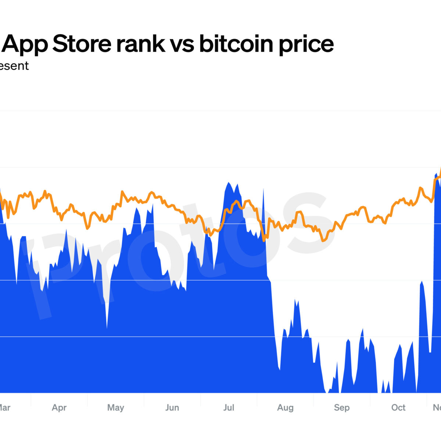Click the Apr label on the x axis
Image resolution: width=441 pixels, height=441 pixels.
[x=59, y=408]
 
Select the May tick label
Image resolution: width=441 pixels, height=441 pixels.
[x=115, y=408]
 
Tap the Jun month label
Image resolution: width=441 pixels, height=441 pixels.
[x=172, y=408]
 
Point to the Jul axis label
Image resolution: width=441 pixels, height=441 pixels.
[x=229, y=408]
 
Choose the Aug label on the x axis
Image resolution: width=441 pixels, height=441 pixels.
[x=285, y=408]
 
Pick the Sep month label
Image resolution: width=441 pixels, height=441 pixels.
[x=341, y=408]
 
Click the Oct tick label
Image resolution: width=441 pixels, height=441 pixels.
[x=398, y=408]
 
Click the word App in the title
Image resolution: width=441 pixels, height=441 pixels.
[x=26, y=44]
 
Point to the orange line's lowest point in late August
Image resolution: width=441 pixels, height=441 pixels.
[x=323, y=241]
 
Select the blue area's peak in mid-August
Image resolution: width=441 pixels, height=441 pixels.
[x=295, y=300]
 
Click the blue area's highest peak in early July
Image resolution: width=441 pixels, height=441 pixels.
[x=229, y=183]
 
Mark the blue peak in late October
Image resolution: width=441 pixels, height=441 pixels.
[x=421, y=282]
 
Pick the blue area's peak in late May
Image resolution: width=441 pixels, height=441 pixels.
[x=153, y=204]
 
